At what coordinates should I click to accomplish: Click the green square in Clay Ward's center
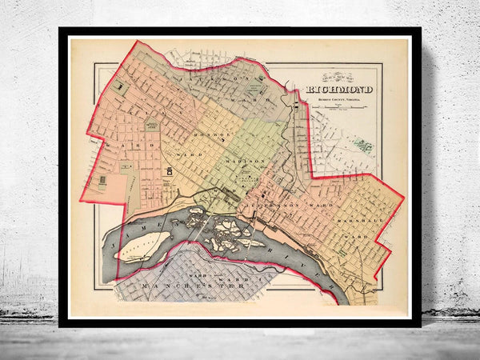pyautogui.click(x=151, y=126)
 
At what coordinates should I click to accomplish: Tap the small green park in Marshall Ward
pyautogui.click(x=342, y=251)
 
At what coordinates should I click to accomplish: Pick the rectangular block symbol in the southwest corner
pyautogui.click(x=102, y=181)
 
